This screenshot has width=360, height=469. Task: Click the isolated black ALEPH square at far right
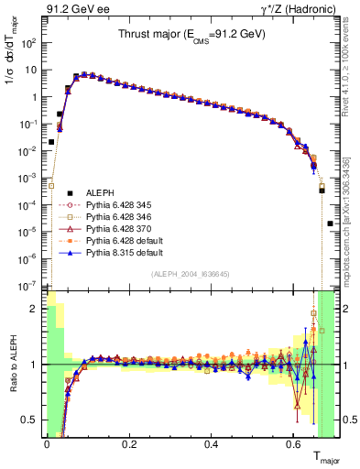(x=330, y=223)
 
